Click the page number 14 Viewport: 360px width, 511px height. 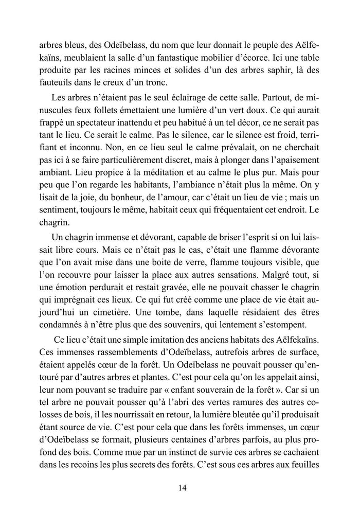pos(180,487)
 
